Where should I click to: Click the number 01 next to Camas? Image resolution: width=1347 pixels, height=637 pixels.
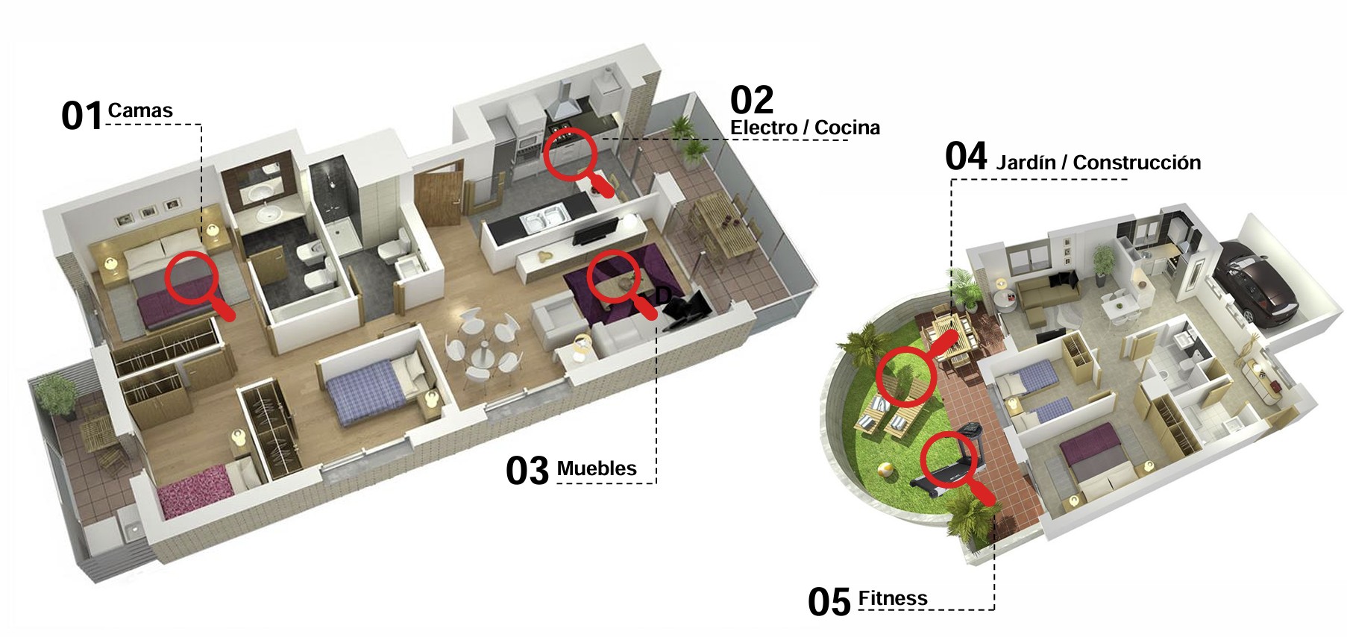click(x=81, y=116)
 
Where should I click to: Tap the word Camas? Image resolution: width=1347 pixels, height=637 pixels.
click(x=140, y=111)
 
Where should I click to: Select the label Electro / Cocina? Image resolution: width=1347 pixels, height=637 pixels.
click(x=805, y=128)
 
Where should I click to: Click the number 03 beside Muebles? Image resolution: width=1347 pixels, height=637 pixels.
click(x=527, y=471)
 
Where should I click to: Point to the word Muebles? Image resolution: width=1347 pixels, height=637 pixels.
click(x=597, y=468)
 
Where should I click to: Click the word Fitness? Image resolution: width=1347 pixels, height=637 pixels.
click(x=893, y=598)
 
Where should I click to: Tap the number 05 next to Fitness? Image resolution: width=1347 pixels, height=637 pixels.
click(x=829, y=602)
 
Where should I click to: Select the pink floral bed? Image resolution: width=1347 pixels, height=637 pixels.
click(x=192, y=491)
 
